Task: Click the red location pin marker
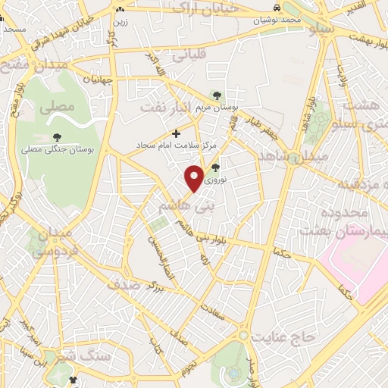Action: click(195, 177)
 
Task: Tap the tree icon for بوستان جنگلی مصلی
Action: click(58, 136)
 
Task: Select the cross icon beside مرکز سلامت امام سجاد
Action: click(177, 133)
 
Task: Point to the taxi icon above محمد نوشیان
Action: click(279, 8)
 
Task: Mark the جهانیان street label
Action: click(98, 78)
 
